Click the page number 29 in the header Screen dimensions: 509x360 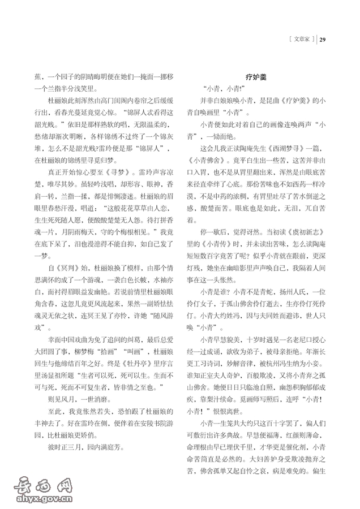323,40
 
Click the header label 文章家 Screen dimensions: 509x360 300,40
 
